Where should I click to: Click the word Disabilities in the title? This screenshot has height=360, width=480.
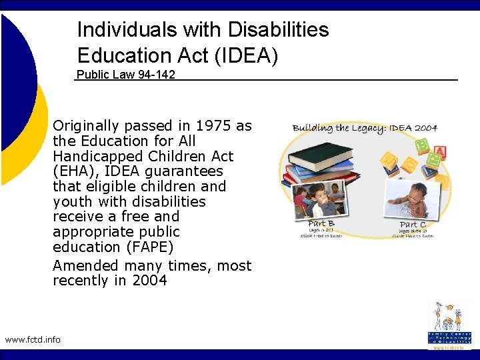click(x=278, y=29)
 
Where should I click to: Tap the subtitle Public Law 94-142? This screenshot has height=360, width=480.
click(x=126, y=75)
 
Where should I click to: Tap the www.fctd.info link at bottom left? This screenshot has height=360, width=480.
click(x=33, y=339)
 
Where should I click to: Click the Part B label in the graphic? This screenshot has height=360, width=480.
click(x=321, y=223)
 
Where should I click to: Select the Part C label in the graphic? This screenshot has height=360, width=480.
click(x=413, y=225)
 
